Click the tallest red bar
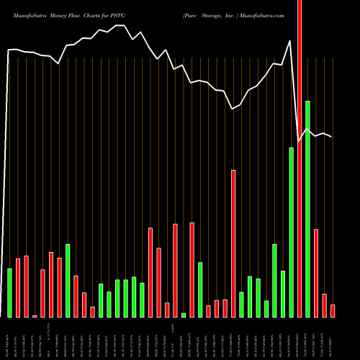[300, 158]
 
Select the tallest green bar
[307, 209]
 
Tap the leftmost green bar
[9, 292]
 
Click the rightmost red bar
[333, 310]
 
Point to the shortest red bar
[35, 316]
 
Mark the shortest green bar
[184, 315]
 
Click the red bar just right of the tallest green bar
[316, 273]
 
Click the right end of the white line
[332, 137]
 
